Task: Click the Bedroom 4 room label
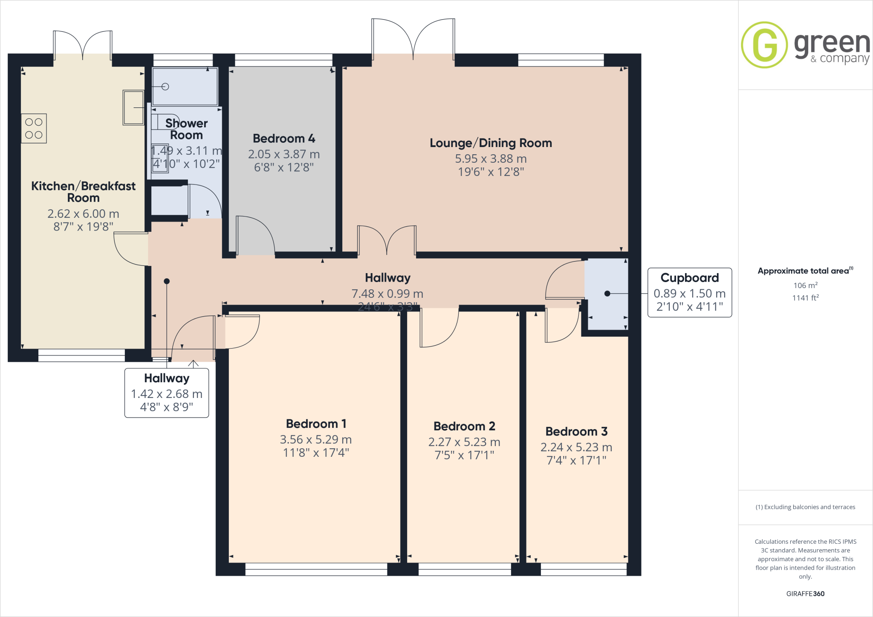pos(284,138)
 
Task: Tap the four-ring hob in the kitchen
pos(34,128)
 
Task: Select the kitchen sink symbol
pos(133,107)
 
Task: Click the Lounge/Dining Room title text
pos(491,143)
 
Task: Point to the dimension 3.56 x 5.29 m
pos(315,439)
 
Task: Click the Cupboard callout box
pos(689,292)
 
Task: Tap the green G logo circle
pos(764,45)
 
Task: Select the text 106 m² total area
pos(805,285)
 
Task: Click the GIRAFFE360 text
pos(805,594)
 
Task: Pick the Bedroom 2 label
pos(464,426)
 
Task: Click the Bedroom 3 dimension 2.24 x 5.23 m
pos(576,447)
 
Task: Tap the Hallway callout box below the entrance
pos(167,393)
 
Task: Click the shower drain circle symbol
pos(165,87)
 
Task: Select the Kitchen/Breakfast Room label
pos(83,192)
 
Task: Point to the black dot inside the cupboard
pos(607,294)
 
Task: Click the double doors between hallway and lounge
pos(387,241)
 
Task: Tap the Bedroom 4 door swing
pos(255,235)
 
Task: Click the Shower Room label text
pos(186,129)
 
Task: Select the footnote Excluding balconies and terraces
pos(805,507)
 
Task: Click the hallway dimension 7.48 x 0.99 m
pos(387,294)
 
